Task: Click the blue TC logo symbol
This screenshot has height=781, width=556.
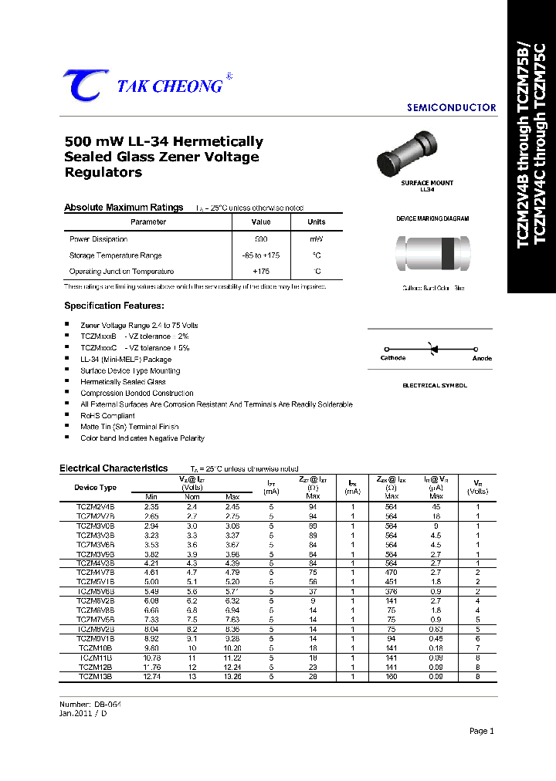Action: point(81,85)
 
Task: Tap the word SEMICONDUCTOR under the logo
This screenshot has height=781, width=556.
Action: point(451,108)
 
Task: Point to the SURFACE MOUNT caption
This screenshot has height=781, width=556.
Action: point(427,183)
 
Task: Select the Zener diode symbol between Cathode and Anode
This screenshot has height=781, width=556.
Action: point(433,349)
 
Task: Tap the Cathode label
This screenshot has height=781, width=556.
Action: point(393,358)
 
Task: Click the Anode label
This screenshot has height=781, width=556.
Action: point(482,358)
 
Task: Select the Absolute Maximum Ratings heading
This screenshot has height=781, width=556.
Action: point(124,208)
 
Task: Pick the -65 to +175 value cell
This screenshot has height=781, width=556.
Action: point(261,255)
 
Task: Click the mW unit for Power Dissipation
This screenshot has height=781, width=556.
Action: point(317,239)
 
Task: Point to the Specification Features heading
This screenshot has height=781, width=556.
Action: point(114,306)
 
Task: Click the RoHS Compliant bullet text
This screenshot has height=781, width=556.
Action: point(107,415)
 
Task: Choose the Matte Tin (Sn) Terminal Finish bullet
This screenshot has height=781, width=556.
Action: point(130,427)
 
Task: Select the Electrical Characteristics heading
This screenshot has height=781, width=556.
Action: point(114,468)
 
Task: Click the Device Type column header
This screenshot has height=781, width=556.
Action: point(95,487)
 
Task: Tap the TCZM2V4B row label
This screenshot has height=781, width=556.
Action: point(95,506)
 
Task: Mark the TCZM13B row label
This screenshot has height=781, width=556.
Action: point(95,676)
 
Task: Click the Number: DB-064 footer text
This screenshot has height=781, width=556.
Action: point(90,705)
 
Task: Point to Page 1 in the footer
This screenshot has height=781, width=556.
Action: point(481,731)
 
